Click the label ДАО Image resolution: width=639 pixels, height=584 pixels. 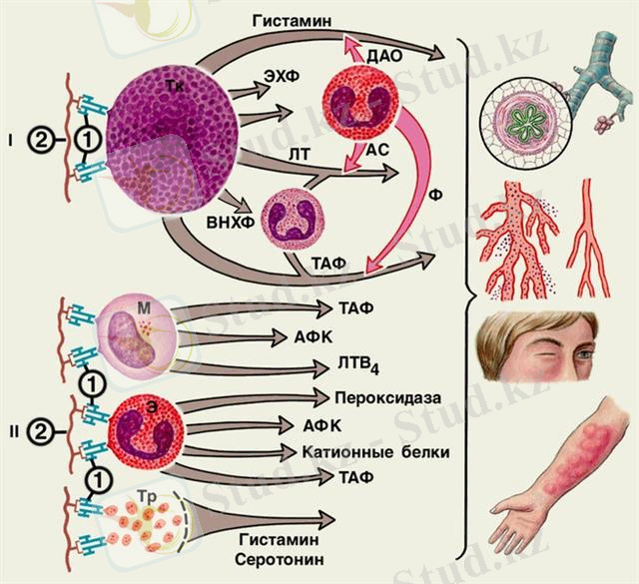coord(384,57)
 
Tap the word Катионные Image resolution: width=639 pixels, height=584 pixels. coord(334,452)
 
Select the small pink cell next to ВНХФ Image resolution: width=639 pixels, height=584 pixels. coord(292,221)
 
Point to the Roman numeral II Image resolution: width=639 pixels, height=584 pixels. coord(12,433)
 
